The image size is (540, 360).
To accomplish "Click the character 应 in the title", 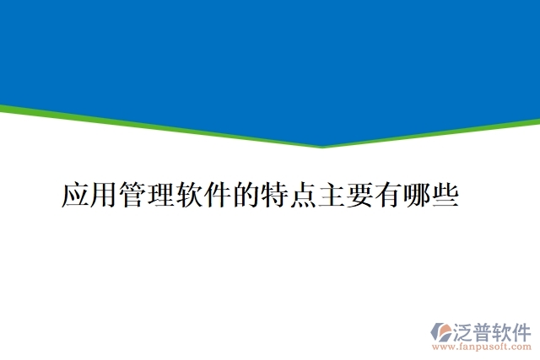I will pyautogui.click(x=76, y=195).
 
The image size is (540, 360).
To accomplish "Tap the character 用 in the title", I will pyautogui.click(x=105, y=195).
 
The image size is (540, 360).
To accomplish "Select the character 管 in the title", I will pyautogui.click(x=133, y=195).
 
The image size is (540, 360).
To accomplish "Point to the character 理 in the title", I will pyautogui.click(x=161, y=195).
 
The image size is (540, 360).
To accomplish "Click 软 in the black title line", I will pyautogui.click(x=190, y=195).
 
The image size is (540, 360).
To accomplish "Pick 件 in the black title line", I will pyautogui.click(x=219, y=195).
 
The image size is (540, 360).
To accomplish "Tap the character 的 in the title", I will pyautogui.click(x=246, y=195).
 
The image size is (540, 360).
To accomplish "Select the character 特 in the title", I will pyautogui.click(x=275, y=195).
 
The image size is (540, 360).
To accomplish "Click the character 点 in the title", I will pyautogui.click(x=304, y=195).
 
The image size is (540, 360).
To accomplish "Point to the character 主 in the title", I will pyautogui.click(x=332, y=195).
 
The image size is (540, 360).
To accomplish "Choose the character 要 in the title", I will pyautogui.click(x=360, y=195).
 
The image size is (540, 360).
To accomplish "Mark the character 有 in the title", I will pyautogui.click(x=389, y=195).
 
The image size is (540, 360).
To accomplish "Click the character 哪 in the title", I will pyautogui.click(x=417, y=195).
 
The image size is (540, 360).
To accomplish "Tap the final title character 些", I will pyautogui.click(x=445, y=195).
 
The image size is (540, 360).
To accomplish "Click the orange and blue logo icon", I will pyautogui.click(x=441, y=331).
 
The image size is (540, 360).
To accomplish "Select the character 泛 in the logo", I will pyautogui.click(x=466, y=330).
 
